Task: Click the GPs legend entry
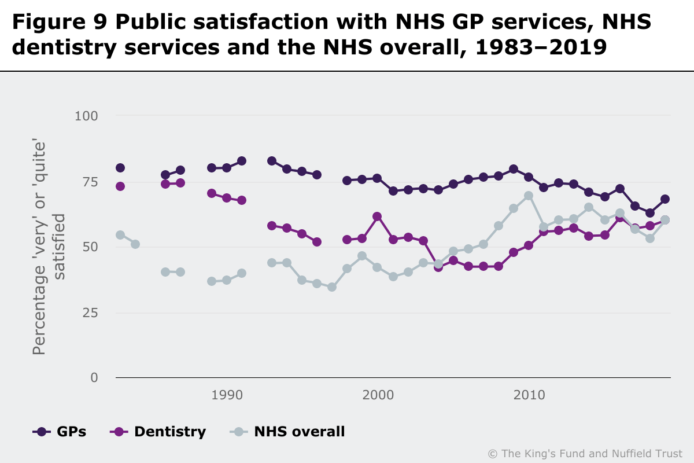[60, 431]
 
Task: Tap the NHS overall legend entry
[287, 431]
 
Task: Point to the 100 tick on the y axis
[86, 116]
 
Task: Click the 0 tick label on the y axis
[94, 378]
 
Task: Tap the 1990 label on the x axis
[227, 395]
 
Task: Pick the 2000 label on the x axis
[378, 395]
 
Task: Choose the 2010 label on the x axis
[529, 395]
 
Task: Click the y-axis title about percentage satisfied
[47, 247]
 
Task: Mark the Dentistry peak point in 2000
[377, 216]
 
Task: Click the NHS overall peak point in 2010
[529, 196]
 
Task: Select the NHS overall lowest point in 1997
[332, 287]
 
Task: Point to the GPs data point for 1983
[120, 168]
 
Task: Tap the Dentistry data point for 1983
[120, 186]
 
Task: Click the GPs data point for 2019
[665, 199]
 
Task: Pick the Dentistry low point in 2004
[438, 267]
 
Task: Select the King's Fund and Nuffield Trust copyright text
[585, 453]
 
